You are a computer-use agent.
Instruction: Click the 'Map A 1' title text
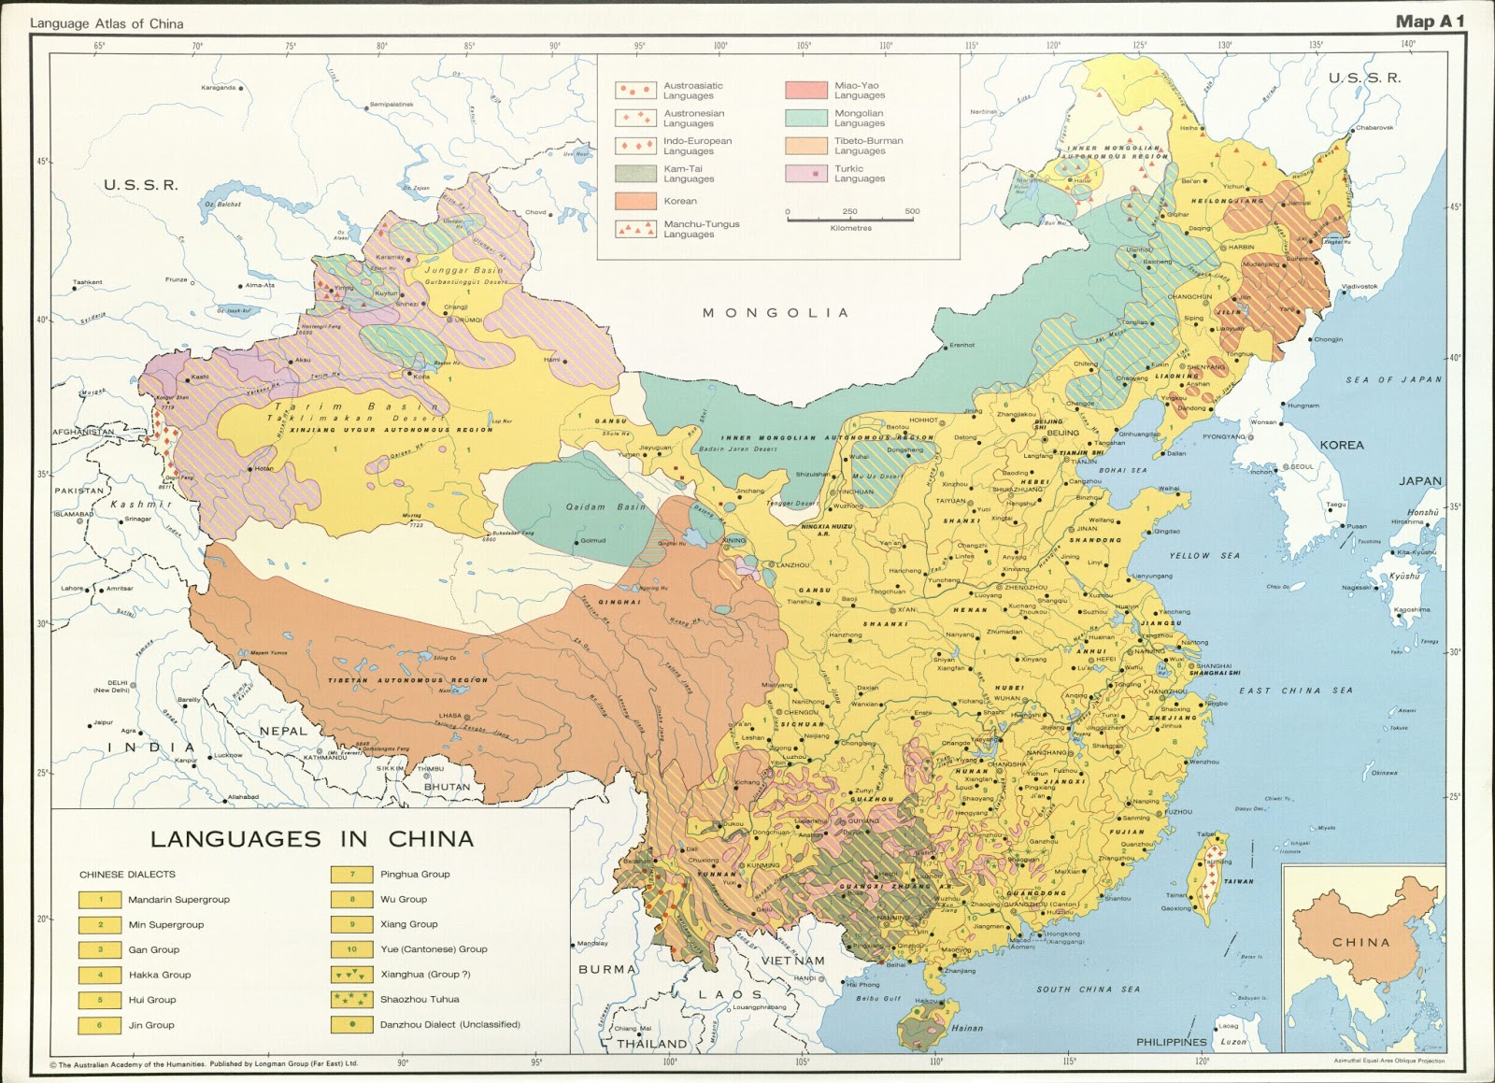(x=1430, y=21)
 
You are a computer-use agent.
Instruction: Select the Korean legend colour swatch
(x=635, y=201)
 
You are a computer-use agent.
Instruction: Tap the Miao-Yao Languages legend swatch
(x=806, y=90)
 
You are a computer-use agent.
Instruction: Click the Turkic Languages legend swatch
(x=806, y=174)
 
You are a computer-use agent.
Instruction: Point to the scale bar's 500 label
(x=912, y=211)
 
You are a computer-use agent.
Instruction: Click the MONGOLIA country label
(x=776, y=313)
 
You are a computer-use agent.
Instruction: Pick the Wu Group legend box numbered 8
(x=352, y=899)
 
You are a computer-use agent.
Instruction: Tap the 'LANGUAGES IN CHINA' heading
(x=312, y=839)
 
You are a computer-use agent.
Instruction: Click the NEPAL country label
(x=283, y=731)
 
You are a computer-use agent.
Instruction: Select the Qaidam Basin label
(x=605, y=506)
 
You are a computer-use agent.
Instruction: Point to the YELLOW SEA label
(x=1204, y=555)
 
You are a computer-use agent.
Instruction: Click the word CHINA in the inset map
(x=1361, y=942)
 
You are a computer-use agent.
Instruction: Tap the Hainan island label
(x=966, y=1028)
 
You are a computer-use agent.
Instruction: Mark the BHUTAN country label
(x=448, y=787)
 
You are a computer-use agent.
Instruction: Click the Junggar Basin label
(x=464, y=270)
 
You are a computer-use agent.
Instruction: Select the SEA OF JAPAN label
(x=1393, y=379)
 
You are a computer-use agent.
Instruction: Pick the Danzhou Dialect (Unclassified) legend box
(x=352, y=1024)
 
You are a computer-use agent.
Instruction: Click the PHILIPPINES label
(x=1172, y=1042)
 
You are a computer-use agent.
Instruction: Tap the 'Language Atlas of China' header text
(x=107, y=23)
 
